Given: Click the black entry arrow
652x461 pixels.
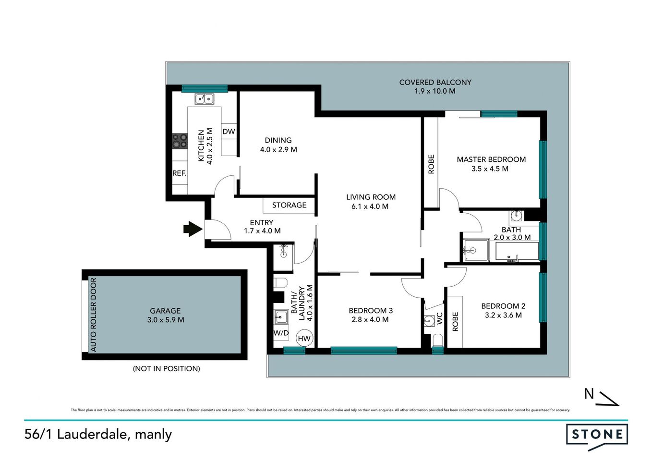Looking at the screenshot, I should (x=193, y=229).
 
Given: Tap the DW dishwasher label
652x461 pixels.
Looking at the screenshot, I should (x=229, y=132).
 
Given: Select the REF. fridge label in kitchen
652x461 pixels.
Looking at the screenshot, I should (x=179, y=173).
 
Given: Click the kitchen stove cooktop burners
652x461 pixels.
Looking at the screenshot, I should (x=180, y=141).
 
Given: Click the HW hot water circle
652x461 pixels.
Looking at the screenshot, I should (x=304, y=338).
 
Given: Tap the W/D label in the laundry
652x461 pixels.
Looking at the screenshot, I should (x=281, y=333).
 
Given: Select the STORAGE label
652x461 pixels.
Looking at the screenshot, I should (x=289, y=205).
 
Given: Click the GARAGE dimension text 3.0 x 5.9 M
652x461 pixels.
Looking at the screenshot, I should (x=166, y=320).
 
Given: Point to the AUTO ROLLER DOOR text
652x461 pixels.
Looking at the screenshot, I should (x=93, y=315).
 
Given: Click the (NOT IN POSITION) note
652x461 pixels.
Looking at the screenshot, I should (x=166, y=368).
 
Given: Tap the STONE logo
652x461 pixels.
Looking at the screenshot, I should (x=597, y=435).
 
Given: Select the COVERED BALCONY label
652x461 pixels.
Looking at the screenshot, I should (x=435, y=82).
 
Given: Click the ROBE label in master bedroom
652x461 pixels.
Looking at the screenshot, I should (x=431, y=164).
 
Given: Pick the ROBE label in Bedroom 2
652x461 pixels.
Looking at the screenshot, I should (x=455, y=321).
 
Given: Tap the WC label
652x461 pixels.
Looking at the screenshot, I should (x=439, y=318).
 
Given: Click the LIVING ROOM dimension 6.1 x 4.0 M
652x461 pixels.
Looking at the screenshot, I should (x=370, y=206).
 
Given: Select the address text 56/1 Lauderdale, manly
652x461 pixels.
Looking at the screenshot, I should (x=98, y=434).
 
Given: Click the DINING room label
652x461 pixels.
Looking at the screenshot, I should (x=278, y=140).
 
